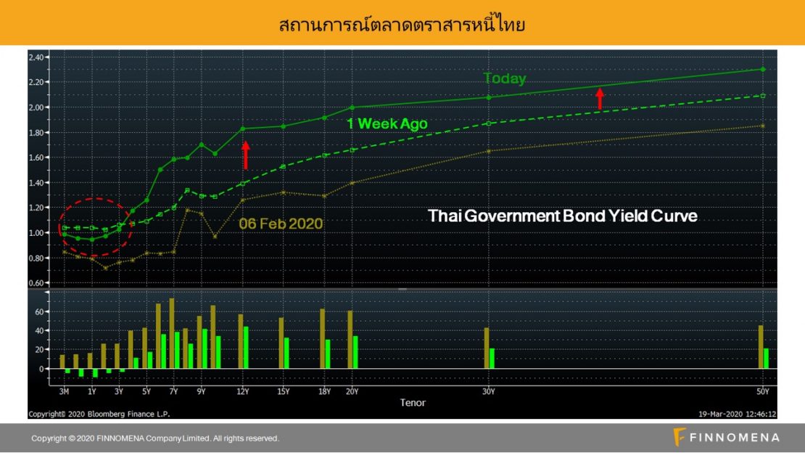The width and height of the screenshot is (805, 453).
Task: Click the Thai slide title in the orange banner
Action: pyautogui.click(x=402, y=24)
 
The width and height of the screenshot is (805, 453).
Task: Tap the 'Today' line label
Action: pyautogui.click(x=505, y=78)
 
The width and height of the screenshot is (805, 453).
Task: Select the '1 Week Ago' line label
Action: pyautogui.click(x=387, y=123)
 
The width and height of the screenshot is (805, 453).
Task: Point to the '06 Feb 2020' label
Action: pyautogui.click(x=281, y=224)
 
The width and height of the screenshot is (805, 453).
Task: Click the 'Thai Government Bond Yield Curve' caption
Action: pyautogui.click(x=563, y=216)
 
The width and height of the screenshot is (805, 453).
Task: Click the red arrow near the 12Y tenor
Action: pyautogui.click(x=245, y=155)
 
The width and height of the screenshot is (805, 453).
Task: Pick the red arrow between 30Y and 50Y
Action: pyautogui.click(x=600, y=99)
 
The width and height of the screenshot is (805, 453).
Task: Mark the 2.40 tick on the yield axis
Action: pyautogui.click(x=36, y=57)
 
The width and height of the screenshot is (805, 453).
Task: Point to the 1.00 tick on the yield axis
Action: pyautogui.click(x=36, y=233)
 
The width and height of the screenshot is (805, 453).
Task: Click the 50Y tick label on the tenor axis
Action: pyautogui.click(x=763, y=392)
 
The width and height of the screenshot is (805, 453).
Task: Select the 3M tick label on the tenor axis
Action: pyautogui.click(x=64, y=392)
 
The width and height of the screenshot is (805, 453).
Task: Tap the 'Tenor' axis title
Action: pyautogui.click(x=413, y=403)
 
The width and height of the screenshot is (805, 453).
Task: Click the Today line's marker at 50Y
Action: pyautogui.click(x=763, y=70)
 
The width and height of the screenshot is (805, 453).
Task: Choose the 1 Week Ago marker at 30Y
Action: pyautogui.click(x=489, y=123)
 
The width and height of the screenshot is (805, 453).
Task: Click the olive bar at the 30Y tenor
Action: pyautogui.click(x=487, y=348)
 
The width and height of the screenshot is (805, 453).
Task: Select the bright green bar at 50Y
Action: pyautogui.click(x=766, y=359)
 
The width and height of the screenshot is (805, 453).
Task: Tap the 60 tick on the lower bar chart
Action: pyautogui.click(x=40, y=311)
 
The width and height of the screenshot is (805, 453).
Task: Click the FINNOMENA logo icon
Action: pyautogui.click(x=679, y=437)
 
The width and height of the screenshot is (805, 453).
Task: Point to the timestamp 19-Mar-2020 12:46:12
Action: pyautogui.click(x=738, y=414)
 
